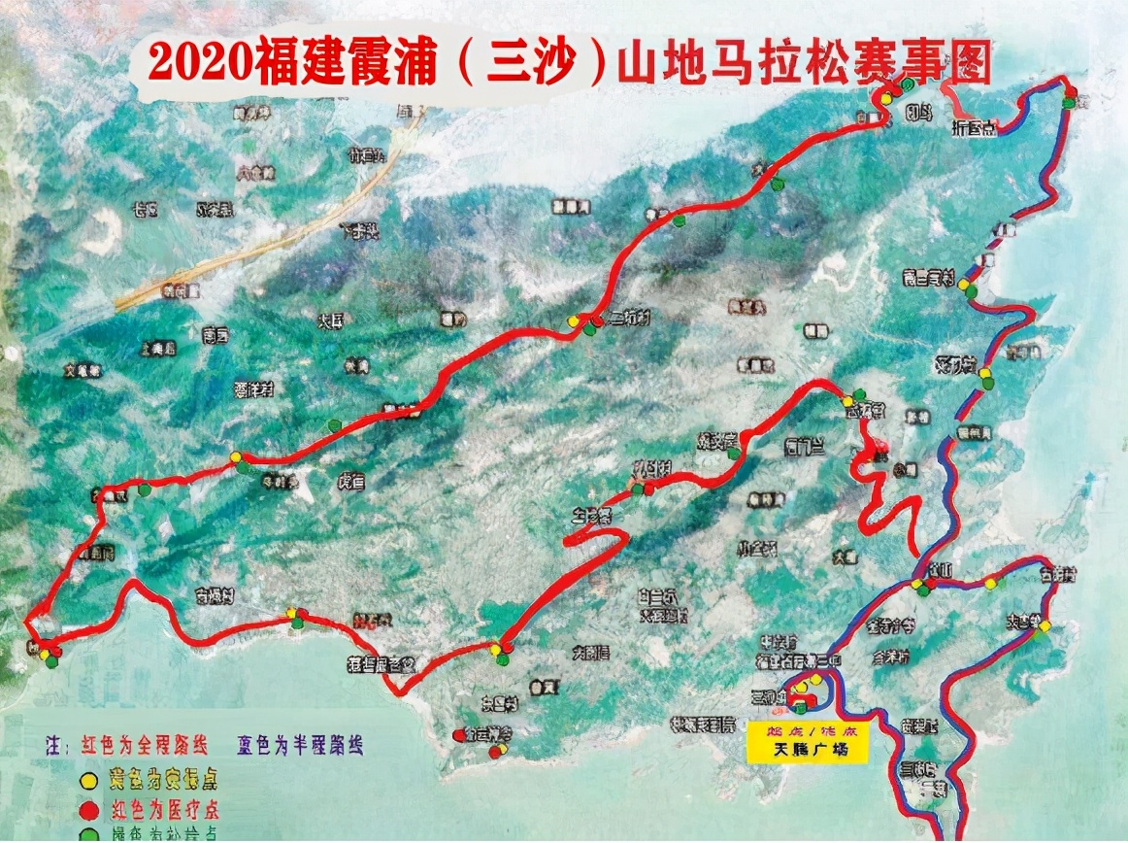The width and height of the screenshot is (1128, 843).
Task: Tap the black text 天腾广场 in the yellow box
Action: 807,751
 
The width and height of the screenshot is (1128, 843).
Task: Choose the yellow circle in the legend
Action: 89,779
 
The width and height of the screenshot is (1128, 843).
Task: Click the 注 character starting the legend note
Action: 53,747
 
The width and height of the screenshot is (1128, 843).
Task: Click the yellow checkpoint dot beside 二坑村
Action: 574,320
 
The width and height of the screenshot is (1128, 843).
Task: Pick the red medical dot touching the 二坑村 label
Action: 593,320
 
